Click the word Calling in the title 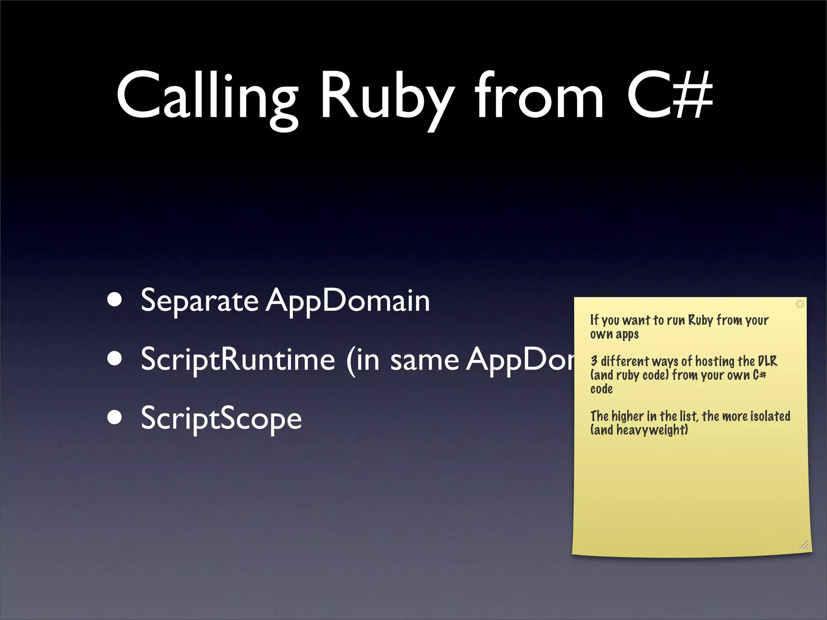coord(207,97)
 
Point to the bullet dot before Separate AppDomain coord(115,300)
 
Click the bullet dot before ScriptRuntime coord(115,359)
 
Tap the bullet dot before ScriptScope coord(115,418)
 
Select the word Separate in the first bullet coord(199,301)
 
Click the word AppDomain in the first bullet coord(348,301)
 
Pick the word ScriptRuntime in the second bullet coord(238,359)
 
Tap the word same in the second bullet coord(424,360)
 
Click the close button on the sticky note coord(800,304)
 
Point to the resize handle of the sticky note coord(804,545)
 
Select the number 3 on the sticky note coord(594,360)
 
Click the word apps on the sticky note coord(627,335)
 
